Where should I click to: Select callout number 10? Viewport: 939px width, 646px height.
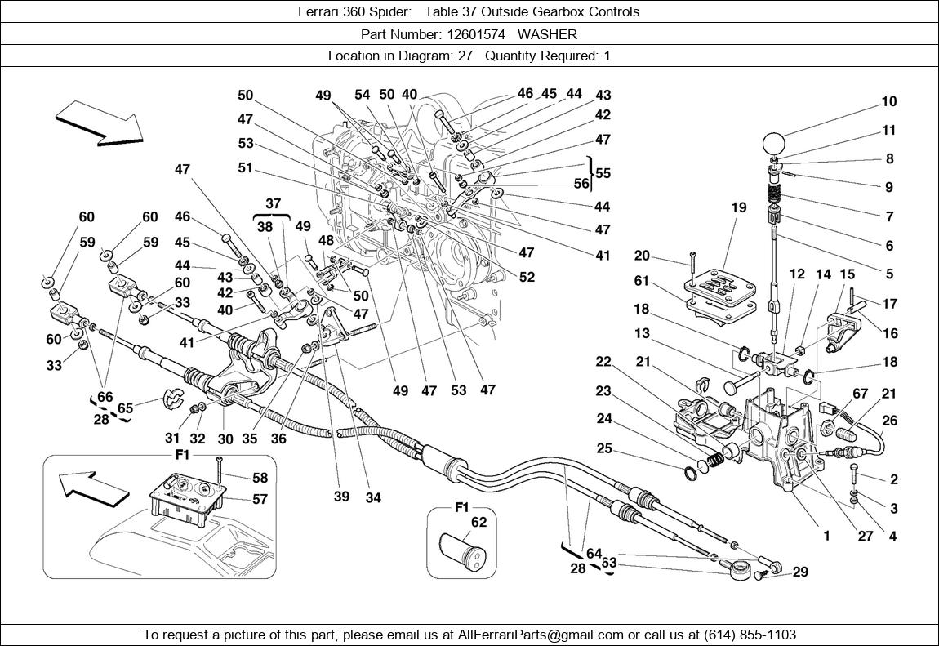tap(888, 102)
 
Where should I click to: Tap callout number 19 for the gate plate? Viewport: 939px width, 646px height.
tap(738, 208)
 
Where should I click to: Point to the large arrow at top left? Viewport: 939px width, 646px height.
tap(98, 122)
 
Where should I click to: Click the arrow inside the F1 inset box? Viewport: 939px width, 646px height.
tap(96, 488)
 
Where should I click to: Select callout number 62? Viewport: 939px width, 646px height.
tap(478, 523)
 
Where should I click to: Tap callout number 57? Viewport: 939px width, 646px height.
tap(259, 497)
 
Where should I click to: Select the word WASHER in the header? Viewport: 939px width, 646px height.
tap(547, 34)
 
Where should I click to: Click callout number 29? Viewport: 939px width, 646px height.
tap(800, 572)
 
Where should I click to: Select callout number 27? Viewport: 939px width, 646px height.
tap(865, 537)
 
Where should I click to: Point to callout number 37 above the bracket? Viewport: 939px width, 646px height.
tap(272, 203)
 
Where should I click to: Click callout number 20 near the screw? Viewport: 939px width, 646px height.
tap(641, 256)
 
